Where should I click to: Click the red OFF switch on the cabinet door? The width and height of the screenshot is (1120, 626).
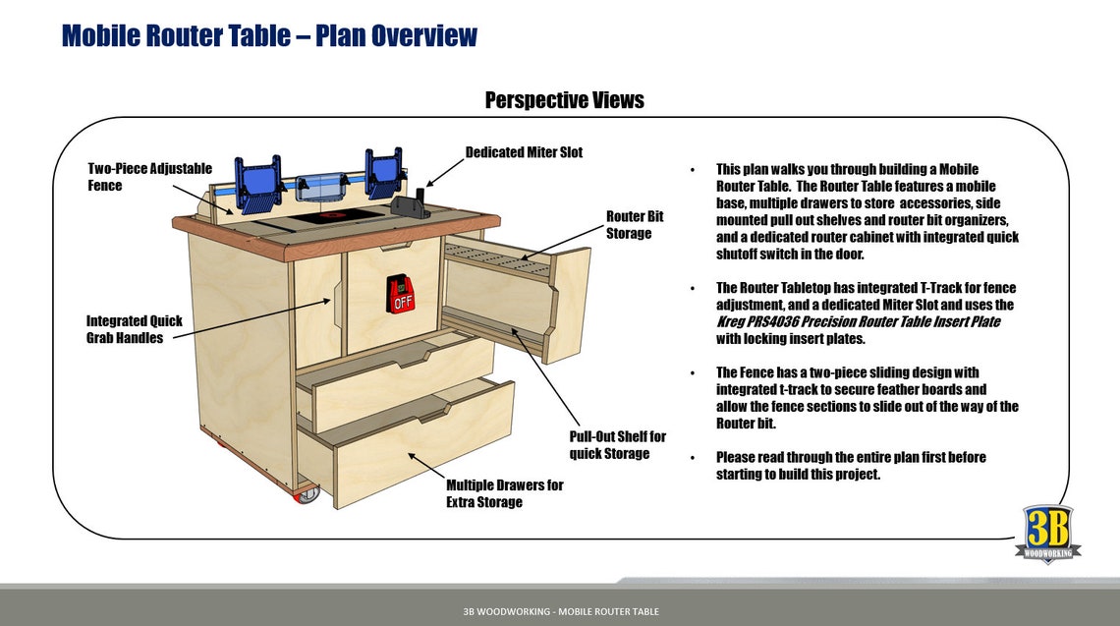402,293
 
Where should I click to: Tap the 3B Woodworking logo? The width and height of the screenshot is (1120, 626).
1047,534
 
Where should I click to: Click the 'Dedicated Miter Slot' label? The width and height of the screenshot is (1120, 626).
523,152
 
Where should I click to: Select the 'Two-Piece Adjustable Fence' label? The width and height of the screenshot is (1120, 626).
149,177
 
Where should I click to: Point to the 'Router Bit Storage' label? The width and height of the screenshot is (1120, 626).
628,224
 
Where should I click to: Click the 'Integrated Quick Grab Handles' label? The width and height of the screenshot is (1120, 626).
134,329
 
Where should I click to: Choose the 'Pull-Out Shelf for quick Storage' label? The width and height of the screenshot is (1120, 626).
617,444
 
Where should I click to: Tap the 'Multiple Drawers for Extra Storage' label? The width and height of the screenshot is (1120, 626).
504,493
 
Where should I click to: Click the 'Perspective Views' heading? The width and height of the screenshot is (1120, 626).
564,100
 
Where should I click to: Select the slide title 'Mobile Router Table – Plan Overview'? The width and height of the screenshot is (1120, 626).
269,36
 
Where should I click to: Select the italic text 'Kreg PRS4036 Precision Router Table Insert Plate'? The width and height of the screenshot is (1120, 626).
858,321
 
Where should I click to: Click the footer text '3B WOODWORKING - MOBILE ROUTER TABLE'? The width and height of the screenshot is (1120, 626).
561,611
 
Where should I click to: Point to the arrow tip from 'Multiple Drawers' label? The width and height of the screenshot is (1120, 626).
410,454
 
